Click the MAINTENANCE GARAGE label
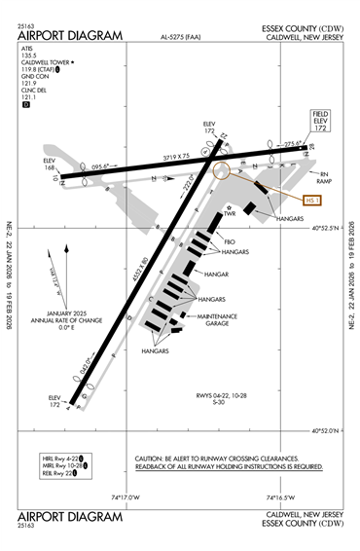[223, 318]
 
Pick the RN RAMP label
[328, 177]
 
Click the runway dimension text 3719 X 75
[175, 158]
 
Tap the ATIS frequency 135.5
[27, 55]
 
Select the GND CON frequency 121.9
[27, 84]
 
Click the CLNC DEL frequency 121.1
[27, 97]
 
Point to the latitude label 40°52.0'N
[329, 430]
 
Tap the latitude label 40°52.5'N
[329, 229]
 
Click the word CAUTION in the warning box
[150, 458]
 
